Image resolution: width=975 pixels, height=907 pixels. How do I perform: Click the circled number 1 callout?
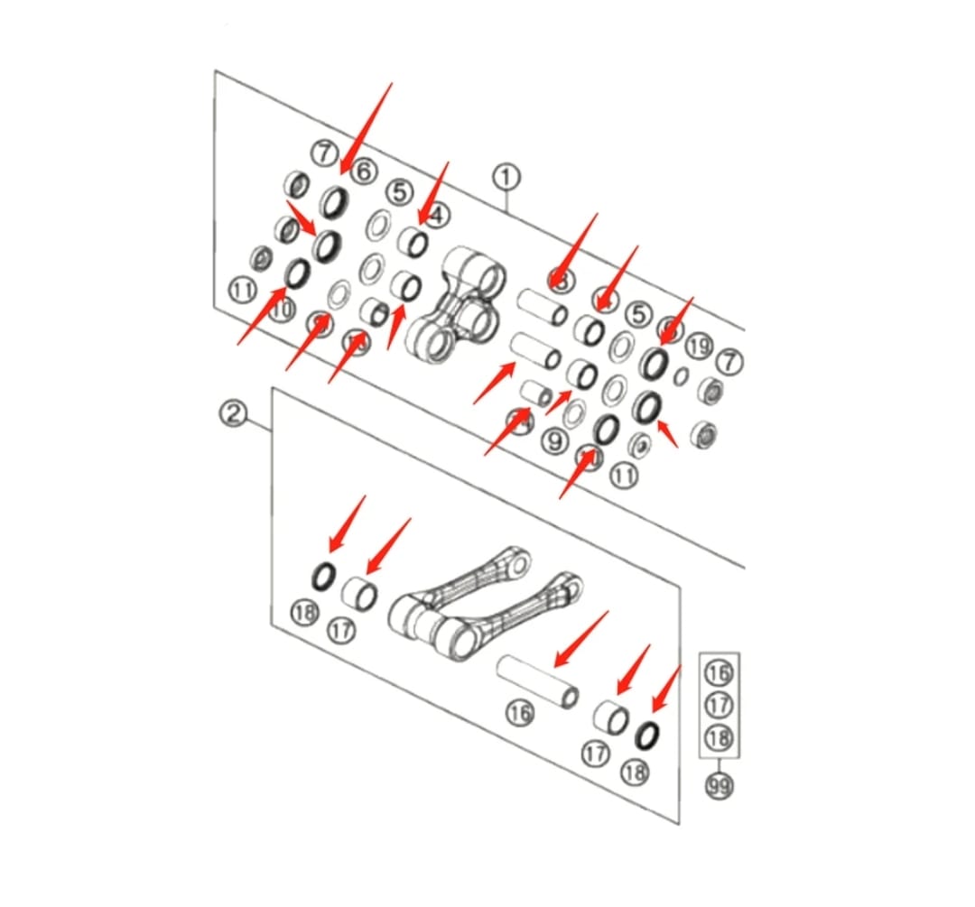tap(506, 175)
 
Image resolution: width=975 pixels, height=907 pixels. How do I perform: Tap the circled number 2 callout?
tap(233, 414)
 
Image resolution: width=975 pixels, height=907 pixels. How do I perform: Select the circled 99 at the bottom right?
tap(720, 787)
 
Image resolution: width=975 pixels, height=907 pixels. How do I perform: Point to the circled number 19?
tap(699, 345)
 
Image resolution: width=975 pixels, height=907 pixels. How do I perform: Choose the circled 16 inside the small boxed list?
tap(720, 672)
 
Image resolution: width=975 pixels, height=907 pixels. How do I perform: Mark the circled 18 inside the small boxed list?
tap(720, 739)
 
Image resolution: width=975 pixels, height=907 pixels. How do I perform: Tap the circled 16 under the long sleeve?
tap(519, 714)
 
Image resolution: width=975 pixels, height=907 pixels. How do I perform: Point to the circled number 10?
tap(283, 310)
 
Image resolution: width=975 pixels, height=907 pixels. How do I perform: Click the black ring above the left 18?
tap(323, 574)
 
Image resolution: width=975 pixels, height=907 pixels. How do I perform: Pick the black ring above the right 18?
tap(647, 736)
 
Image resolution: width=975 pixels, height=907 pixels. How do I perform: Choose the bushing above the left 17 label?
tap(360, 594)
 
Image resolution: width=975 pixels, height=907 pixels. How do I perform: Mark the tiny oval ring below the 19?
tap(682, 376)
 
